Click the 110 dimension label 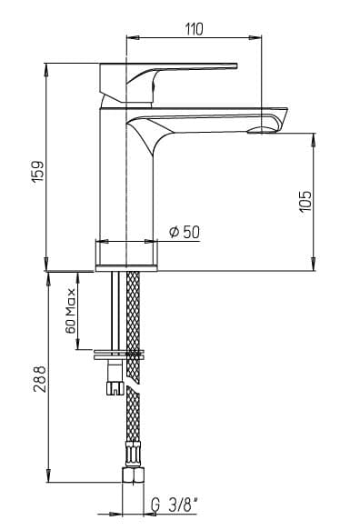pyautogui.click(x=195, y=29)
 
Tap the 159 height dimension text pyautogui.click(x=38, y=172)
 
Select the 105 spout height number pyautogui.click(x=306, y=202)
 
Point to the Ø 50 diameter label pyautogui.click(x=185, y=232)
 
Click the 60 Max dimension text pyautogui.click(x=71, y=311)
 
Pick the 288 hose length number pyautogui.click(x=40, y=378)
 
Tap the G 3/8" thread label pyautogui.click(x=174, y=505)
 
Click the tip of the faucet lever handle pyautogui.click(x=237, y=65)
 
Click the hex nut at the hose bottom pyautogui.click(x=133, y=475)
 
